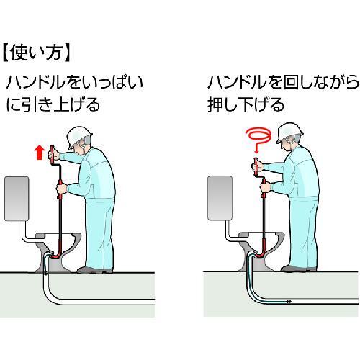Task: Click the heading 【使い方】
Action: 37,53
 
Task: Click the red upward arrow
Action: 40,153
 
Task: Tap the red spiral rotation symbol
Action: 259,140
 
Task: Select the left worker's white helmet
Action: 78,137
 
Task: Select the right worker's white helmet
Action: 289,132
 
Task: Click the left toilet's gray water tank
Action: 17,199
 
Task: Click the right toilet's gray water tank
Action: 220,198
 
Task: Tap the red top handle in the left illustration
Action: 52,155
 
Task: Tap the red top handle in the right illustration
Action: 256,166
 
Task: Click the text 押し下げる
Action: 246,104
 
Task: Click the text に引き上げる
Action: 53,104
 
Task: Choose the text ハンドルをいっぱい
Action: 75,82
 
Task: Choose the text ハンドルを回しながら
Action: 283,82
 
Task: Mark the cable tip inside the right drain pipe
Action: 289,302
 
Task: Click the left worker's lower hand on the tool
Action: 61,189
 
